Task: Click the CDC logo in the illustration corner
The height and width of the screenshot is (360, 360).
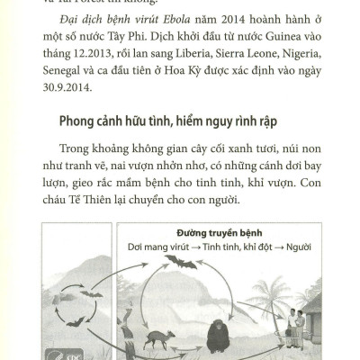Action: tap(51, 351)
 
